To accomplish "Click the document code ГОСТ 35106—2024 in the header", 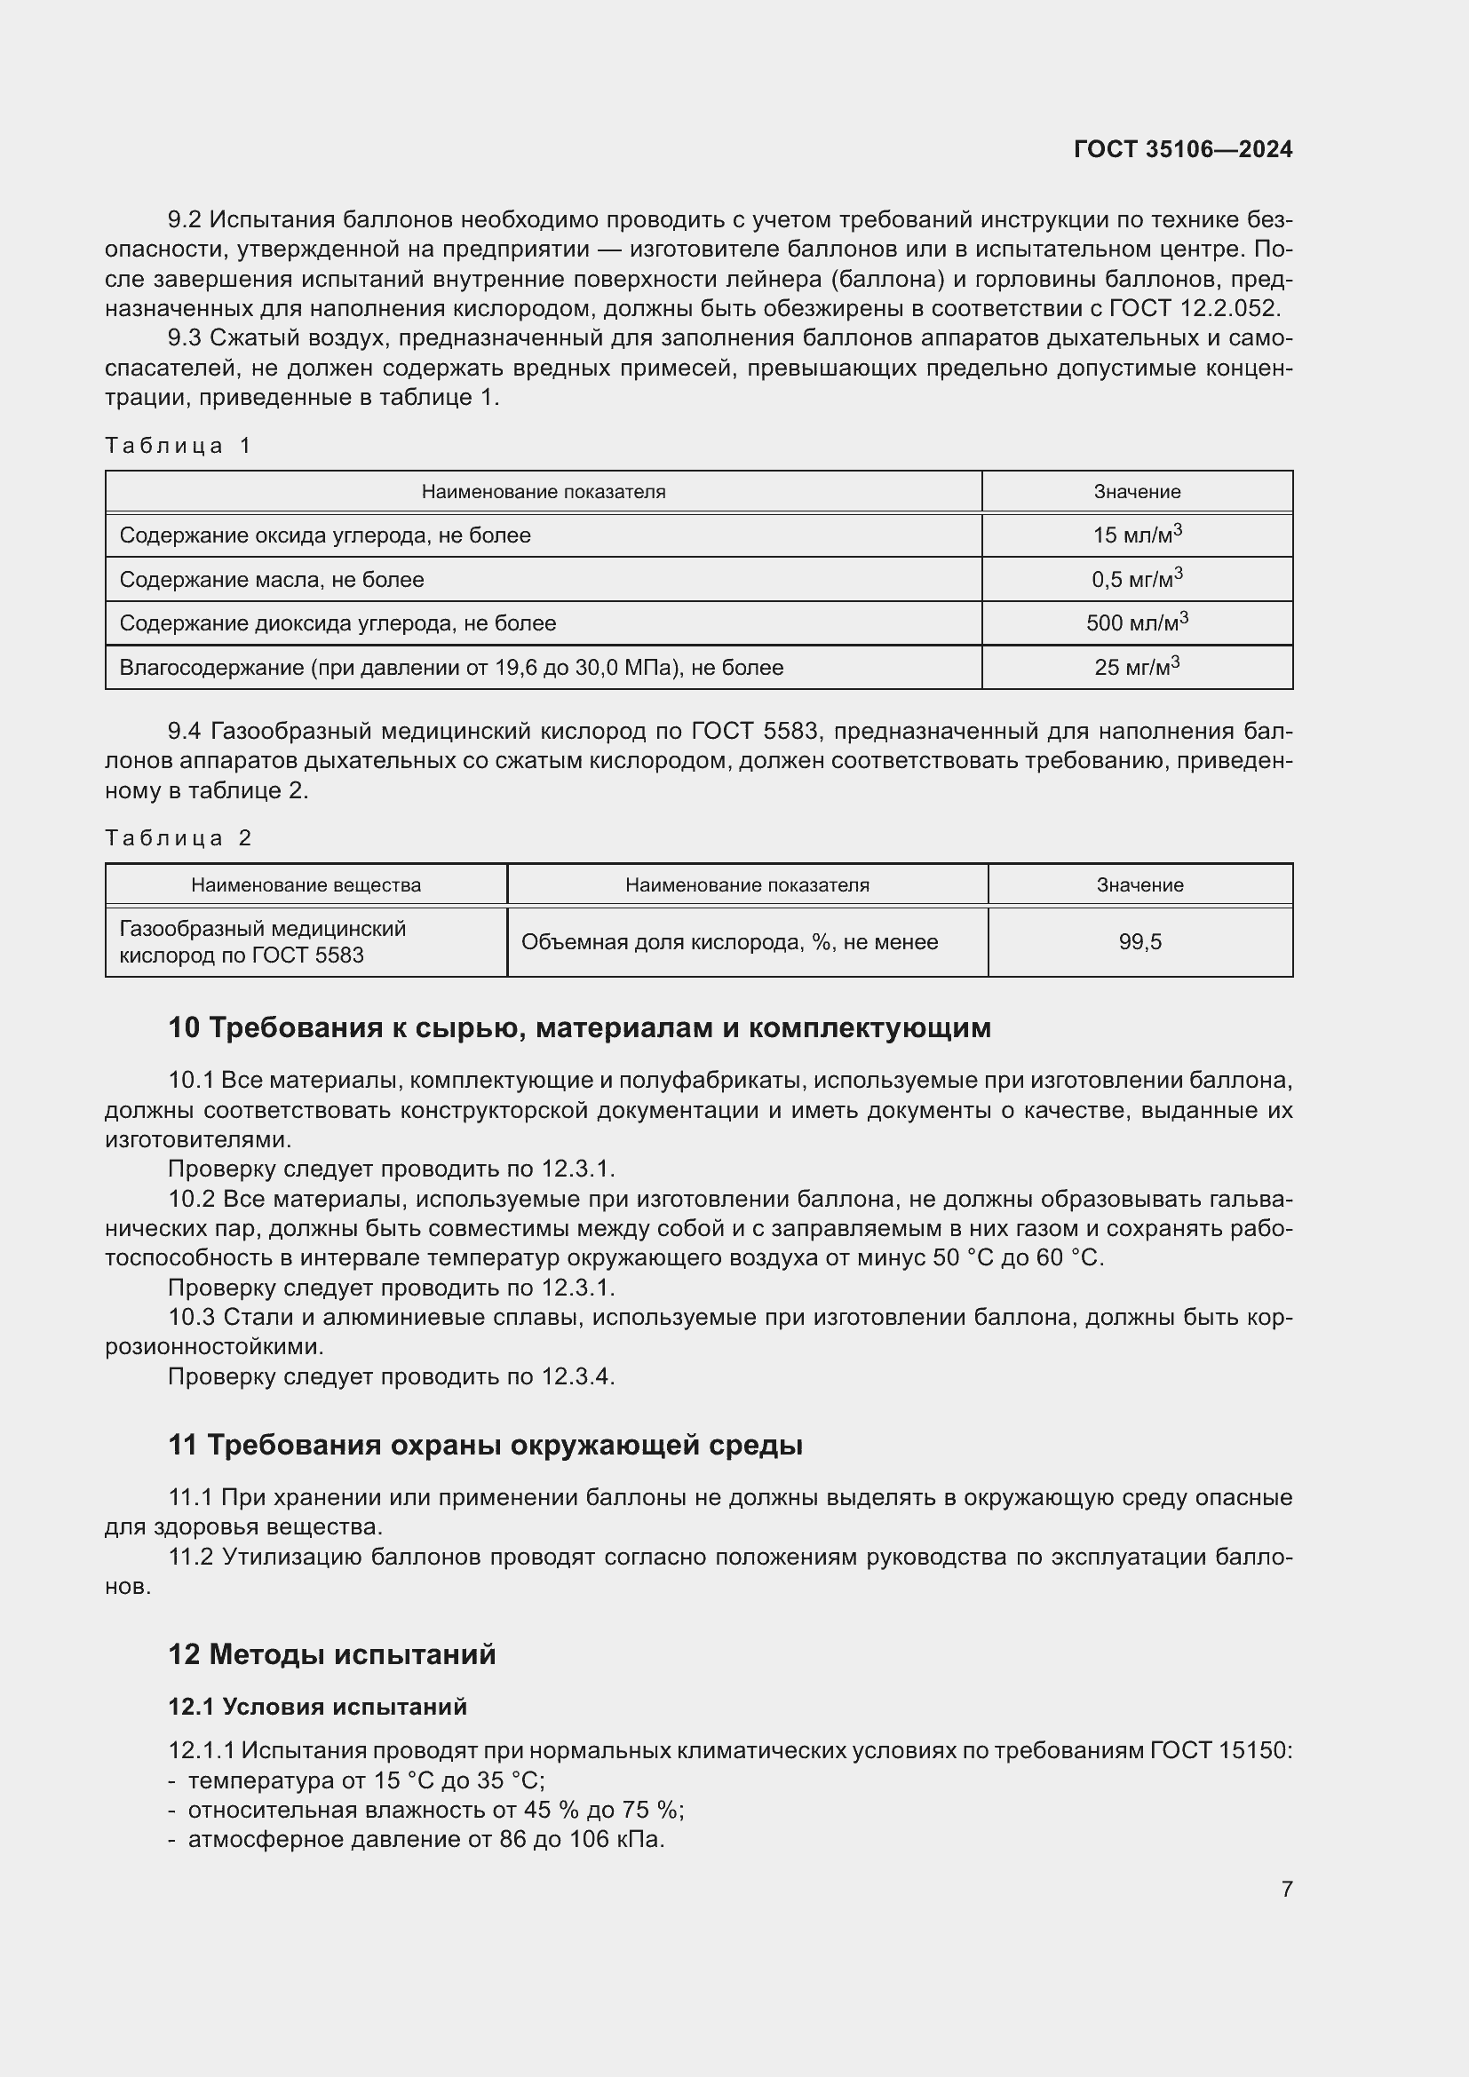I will [x=1182, y=149].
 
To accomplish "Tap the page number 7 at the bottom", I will [x=1286, y=1889].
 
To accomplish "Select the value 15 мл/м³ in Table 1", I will [x=1136, y=535].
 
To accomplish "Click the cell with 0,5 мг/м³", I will [x=1136, y=579].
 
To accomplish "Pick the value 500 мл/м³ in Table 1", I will [x=1136, y=622].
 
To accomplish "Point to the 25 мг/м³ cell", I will [x=1136, y=667].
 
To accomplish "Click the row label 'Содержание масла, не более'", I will [x=272, y=579].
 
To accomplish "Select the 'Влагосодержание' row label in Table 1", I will [x=450, y=668].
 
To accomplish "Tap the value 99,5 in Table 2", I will [x=1139, y=941].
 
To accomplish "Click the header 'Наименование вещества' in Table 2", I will [x=306, y=884].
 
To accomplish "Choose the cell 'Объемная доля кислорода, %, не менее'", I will [x=729, y=941].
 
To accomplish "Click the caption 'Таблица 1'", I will [x=178, y=445].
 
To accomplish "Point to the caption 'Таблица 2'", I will [x=178, y=837].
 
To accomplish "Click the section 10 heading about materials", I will [x=579, y=1027].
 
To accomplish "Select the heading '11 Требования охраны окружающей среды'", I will [x=485, y=1445].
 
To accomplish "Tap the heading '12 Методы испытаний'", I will [x=332, y=1653].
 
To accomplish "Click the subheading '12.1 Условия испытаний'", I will [x=317, y=1706].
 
